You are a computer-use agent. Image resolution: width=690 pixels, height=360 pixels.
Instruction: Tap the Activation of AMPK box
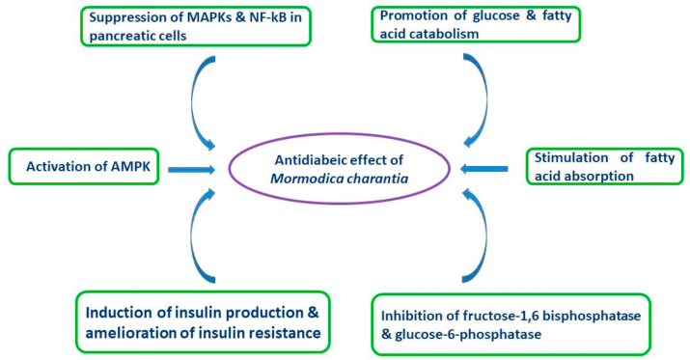(x=83, y=167)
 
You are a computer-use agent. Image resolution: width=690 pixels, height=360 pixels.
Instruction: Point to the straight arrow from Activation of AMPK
(x=191, y=169)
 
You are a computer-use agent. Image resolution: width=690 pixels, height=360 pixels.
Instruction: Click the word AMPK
(x=123, y=167)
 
